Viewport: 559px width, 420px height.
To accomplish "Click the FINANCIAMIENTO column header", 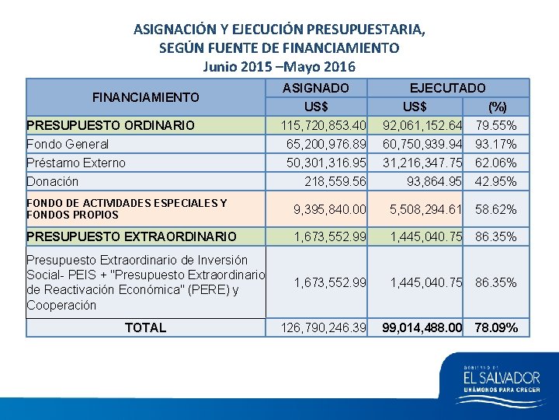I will pyautogui.click(x=145, y=97).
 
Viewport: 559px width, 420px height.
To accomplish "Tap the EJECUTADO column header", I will pyautogui.click(x=448, y=89).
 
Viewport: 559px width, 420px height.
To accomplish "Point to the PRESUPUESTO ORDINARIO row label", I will pyautogui.click(x=110, y=125).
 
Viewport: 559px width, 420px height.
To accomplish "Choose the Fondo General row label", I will pyautogui.click(x=68, y=144).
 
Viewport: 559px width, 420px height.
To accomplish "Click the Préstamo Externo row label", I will pyautogui.click(x=76, y=163).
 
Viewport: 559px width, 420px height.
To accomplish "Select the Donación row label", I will pyautogui.click(x=53, y=181).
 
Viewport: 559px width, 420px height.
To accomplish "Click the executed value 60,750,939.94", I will pyautogui.click(x=422, y=144).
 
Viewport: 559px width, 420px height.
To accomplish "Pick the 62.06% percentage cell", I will pyautogui.click(x=496, y=163).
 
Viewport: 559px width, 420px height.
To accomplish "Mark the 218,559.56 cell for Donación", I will pyautogui.click(x=335, y=181).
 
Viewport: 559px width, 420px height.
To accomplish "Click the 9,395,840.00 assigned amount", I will pyautogui.click(x=330, y=209).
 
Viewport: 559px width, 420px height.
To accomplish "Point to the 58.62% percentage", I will pyautogui.click(x=496, y=209).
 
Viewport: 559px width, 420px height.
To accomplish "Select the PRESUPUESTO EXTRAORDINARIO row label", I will pyautogui.click(x=131, y=236).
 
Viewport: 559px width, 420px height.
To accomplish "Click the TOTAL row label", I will pyautogui.click(x=145, y=327).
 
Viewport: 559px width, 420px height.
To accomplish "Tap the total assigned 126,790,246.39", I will pyautogui.click(x=323, y=328).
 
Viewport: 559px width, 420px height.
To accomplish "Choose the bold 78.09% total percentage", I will pyautogui.click(x=496, y=328).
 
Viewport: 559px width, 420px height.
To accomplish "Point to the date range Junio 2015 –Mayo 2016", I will pyautogui.click(x=279, y=65).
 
